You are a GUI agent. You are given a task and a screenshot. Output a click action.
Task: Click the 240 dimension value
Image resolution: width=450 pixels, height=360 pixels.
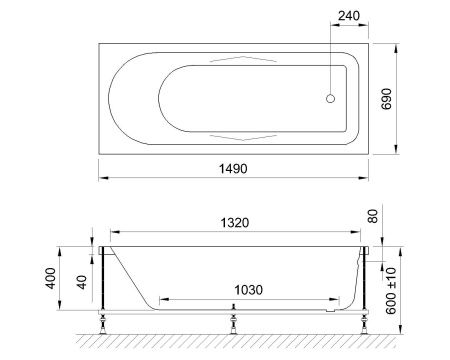tap(348, 15)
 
